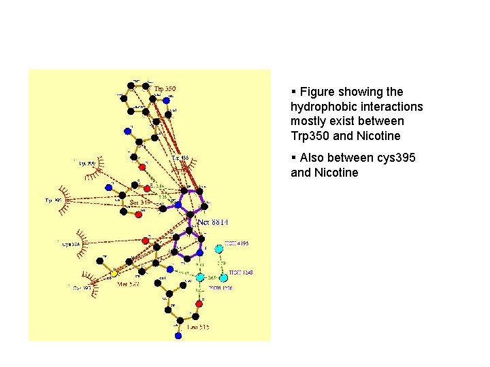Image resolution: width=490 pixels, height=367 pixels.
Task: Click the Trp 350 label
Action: [165, 88]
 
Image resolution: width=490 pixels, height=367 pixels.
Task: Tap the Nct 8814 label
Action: [212, 222]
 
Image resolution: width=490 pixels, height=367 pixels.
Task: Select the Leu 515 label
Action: [198, 327]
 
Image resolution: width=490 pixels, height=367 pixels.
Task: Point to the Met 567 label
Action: [127, 284]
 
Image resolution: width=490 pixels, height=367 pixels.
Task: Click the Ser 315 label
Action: [140, 202]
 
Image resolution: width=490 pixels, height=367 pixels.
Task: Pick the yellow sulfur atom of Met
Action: [114, 273]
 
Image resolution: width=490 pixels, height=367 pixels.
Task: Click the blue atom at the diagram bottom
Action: [178, 335]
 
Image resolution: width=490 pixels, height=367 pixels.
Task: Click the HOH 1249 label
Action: [240, 273]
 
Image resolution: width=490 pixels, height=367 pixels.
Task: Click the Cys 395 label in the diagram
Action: [81, 288]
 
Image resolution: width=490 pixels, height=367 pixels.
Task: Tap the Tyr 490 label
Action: [53, 200]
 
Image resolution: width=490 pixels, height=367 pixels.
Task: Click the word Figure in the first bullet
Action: [317, 92]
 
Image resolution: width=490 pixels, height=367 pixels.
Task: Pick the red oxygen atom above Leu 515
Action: [199, 304]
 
